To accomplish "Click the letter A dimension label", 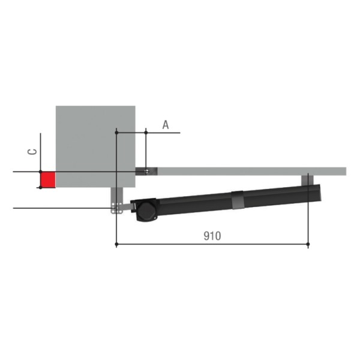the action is pyautogui.click(x=166, y=125).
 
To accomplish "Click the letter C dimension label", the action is pyautogui.click(x=32, y=152).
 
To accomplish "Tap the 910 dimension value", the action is pyautogui.click(x=212, y=236).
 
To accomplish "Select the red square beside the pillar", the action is pyautogui.click(x=48, y=180).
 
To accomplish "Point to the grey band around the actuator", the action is pyautogui.click(x=238, y=200).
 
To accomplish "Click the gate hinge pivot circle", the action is pyautogui.click(x=146, y=171).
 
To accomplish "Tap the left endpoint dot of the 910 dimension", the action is pyautogui.click(x=116, y=244).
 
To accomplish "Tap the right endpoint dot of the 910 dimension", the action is pyautogui.click(x=308, y=244).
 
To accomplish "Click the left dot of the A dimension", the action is pyautogui.click(x=116, y=133).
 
